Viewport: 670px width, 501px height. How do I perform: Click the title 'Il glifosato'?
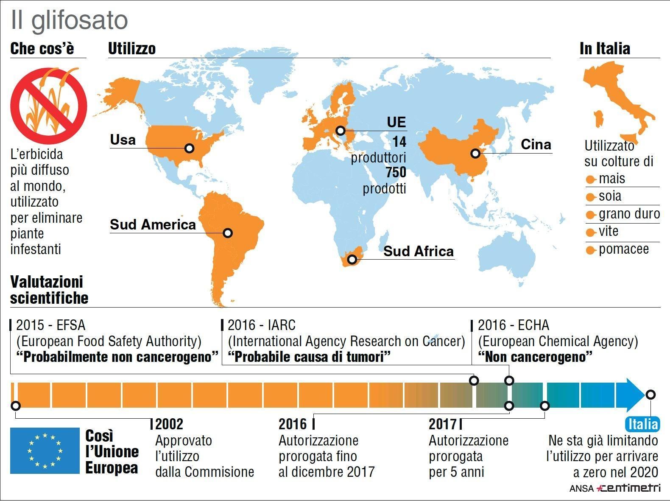(69, 20)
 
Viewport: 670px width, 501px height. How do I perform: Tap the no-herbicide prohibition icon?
(49, 105)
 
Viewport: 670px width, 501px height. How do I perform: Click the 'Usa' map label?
(123, 140)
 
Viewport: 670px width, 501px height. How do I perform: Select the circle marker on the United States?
(190, 148)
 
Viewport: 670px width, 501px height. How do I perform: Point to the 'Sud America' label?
(153, 224)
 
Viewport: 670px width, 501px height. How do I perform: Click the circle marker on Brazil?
(228, 233)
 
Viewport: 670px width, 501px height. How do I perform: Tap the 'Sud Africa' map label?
(419, 251)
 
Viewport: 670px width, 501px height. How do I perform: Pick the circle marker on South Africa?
(352, 259)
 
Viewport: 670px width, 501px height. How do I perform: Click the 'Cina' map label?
(536, 145)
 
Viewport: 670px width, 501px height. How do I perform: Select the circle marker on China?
(475, 153)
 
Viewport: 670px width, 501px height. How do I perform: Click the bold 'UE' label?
(396, 122)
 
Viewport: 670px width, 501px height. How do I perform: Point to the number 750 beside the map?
(396, 172)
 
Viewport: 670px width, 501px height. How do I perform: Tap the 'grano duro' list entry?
(629, 214)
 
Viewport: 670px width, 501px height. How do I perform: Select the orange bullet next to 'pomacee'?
(591, 250)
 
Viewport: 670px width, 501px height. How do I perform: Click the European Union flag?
(45, 451)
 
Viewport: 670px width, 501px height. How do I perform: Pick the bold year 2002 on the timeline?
(170, 424)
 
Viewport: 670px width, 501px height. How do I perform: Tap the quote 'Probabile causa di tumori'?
(309, 357)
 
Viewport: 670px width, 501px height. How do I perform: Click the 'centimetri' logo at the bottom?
(628, 488)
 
